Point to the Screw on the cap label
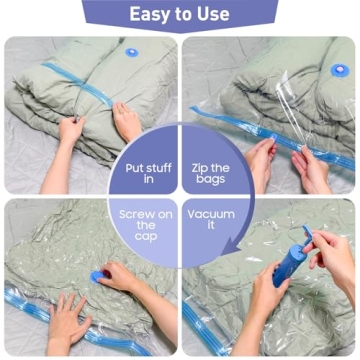[x=145, y=225]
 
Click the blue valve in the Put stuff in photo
[x=132, y=51]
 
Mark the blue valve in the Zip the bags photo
[x=338, y=70]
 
